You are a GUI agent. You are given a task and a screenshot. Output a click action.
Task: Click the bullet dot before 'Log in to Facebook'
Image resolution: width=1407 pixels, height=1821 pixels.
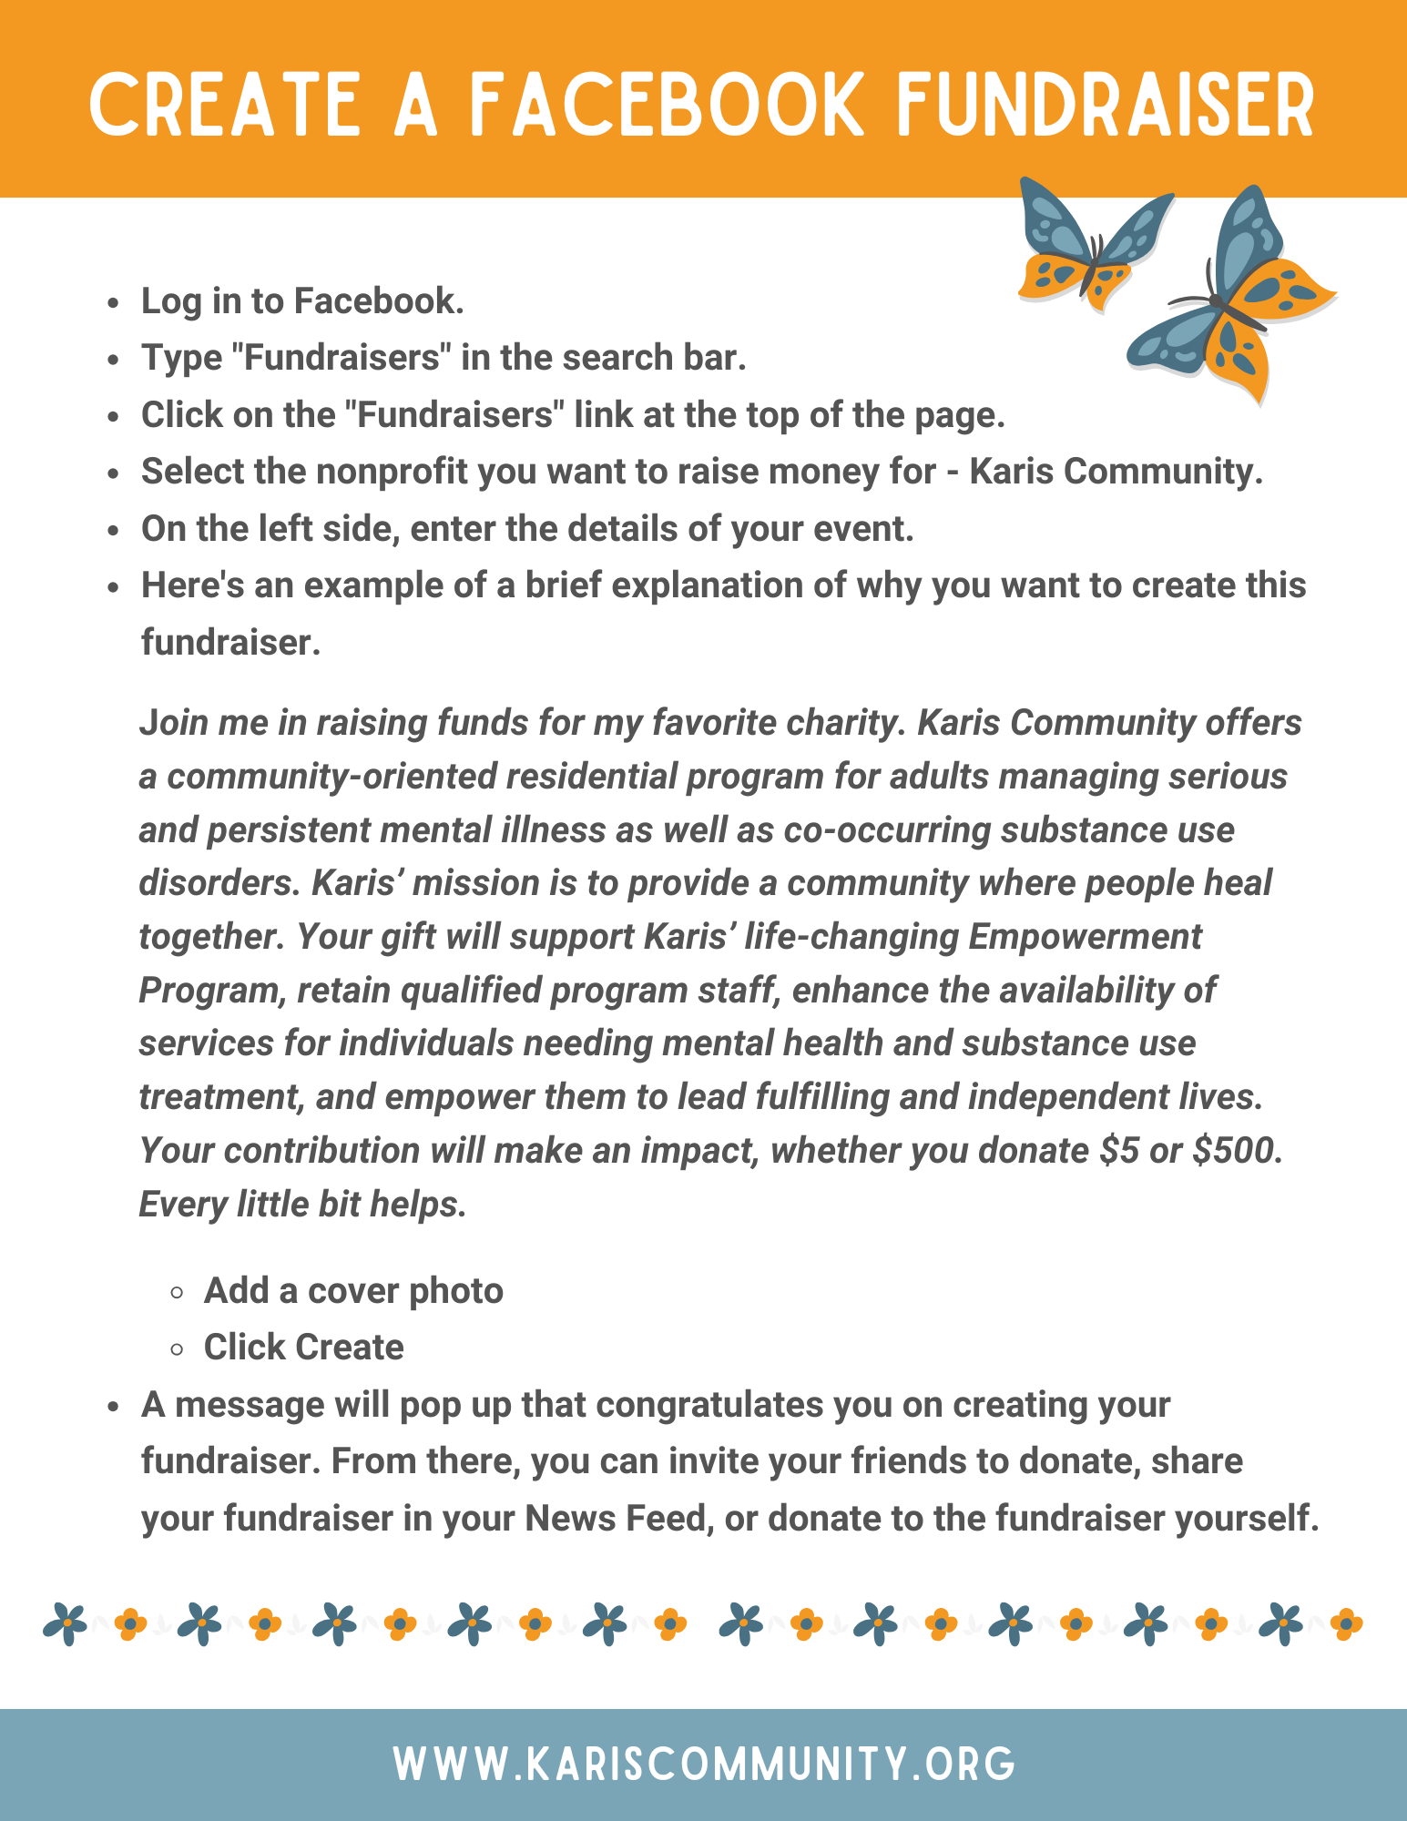point(113,303)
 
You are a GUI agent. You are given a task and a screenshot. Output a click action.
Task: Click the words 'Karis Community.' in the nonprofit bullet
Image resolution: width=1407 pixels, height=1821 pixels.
point(1116,472)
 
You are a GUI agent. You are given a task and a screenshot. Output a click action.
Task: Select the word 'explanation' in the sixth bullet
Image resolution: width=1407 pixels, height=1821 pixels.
point(707,585)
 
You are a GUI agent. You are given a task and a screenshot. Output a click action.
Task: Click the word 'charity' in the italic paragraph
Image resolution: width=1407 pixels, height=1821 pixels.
point(847,722)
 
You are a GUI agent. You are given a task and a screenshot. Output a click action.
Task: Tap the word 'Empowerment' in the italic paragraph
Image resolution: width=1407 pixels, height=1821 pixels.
point(1085,936)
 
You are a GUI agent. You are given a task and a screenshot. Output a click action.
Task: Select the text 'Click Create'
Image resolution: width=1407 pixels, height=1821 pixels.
point(303,1348)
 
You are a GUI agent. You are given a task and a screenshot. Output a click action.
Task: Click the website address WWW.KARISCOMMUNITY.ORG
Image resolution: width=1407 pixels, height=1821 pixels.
point(704,1764)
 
